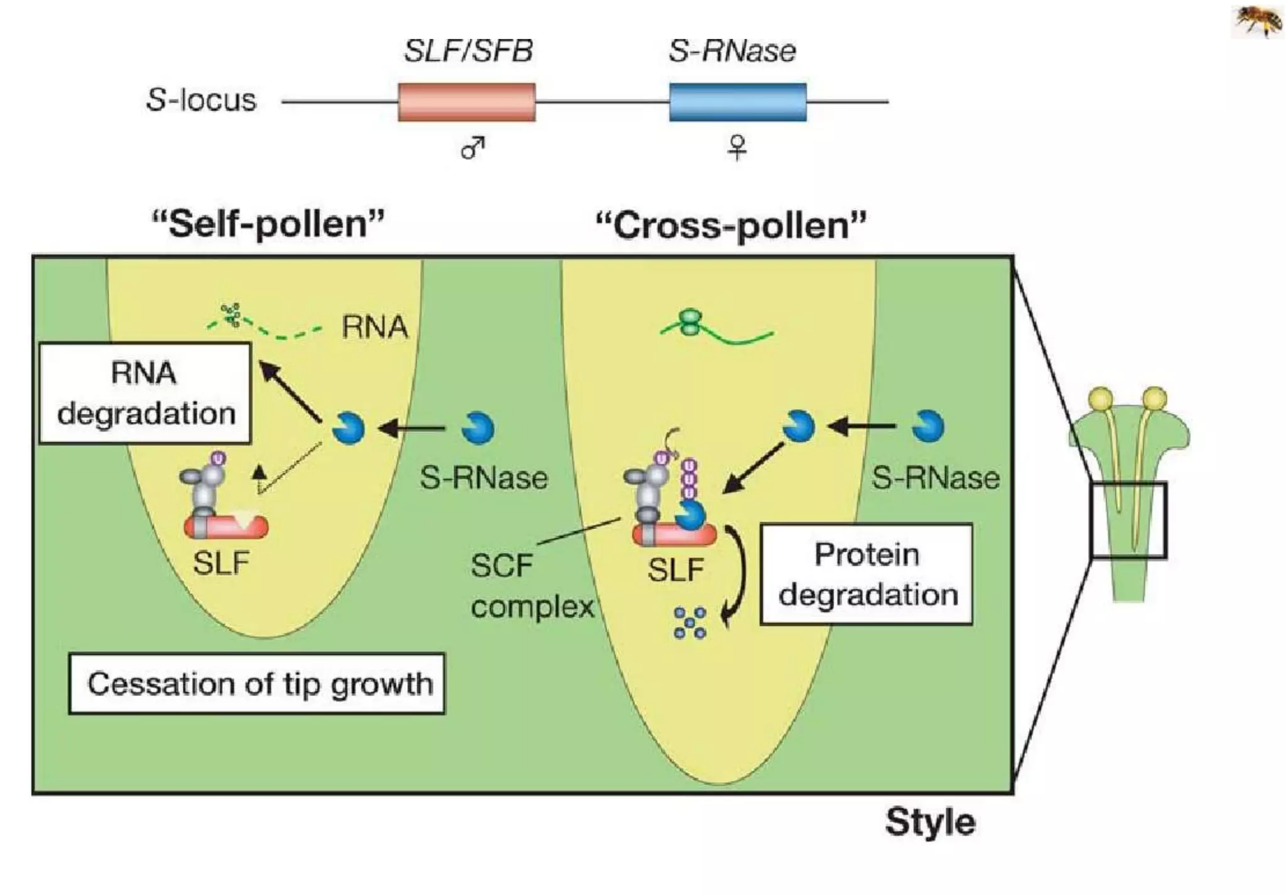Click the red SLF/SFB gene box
(x=467, y=102)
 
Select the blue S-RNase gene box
(x=737, y=102)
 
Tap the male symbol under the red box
(x=473, y=148)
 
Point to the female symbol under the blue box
(x=737, y=148)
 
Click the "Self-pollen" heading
(x=268, y=224)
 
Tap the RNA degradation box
(x=145, y=393)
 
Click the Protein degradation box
(x=867, y=574)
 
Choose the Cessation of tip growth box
(x=257, y=683)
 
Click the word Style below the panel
(x=930, y=822)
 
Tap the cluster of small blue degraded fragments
(x=689, y=622)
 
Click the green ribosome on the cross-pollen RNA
(x=691, y=323)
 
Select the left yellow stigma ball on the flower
(x=1100, y=398)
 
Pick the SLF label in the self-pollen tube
(x=221, y=563)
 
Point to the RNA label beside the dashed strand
(x=375, y=327)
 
